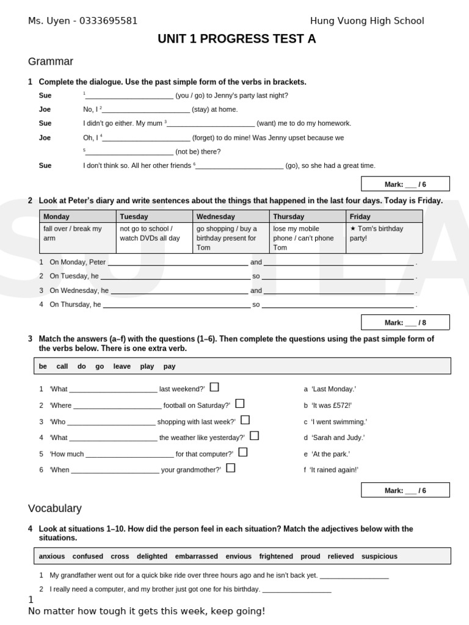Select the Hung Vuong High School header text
pyautogui.click(x=366, y=21)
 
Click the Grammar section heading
pyautogui.click(x=51, y=62)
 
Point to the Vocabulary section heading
pyautogui.click(x=54, y=508)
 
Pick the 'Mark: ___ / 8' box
pyautogui.click(x=405, y=322)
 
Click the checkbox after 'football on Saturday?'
pyautogui.click(x=240, y=403)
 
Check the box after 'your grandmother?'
pyautogui.click(x=231, y=468)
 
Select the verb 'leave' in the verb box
pyautogui.click(x=122, y=366)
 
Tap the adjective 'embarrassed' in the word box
pyautogui.click(x=196, y=556)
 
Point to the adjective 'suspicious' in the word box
pyautogui.click(x=379, y=556)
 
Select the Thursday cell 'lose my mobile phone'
pyautogui.click(x=307, y=238)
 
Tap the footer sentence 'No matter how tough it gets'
pyautogui.click(x=147, y=611)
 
